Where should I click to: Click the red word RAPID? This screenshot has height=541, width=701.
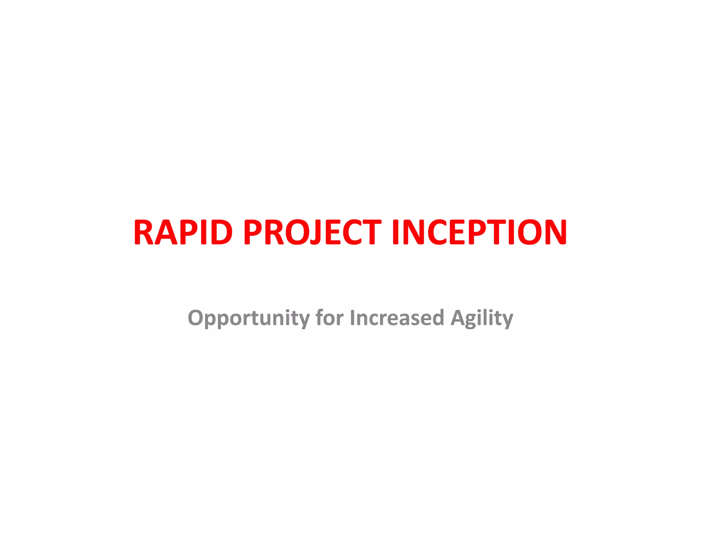(183, 233)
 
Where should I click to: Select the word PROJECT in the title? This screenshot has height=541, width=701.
(312, 233)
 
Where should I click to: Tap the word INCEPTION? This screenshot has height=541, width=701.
(480, 233)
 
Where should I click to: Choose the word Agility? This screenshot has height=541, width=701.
(482, 318)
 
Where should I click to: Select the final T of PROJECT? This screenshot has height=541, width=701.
(371, 233)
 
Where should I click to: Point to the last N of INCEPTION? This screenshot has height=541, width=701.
(554, 233)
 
